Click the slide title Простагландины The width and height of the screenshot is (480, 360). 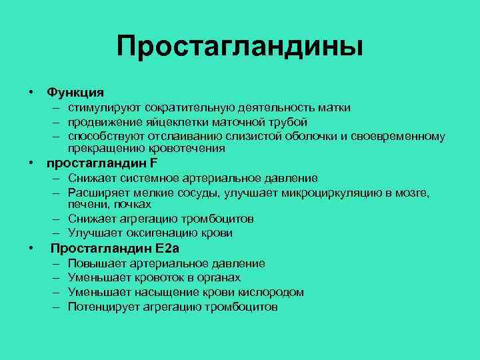[x=240, y=47]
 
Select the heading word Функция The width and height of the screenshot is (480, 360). [x=75, y=91]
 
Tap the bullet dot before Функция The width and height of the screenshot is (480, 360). [x=31, y=91]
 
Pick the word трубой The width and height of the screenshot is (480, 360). [x=291, y=122]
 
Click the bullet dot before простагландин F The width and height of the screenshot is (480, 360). [x=31, y=163]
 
